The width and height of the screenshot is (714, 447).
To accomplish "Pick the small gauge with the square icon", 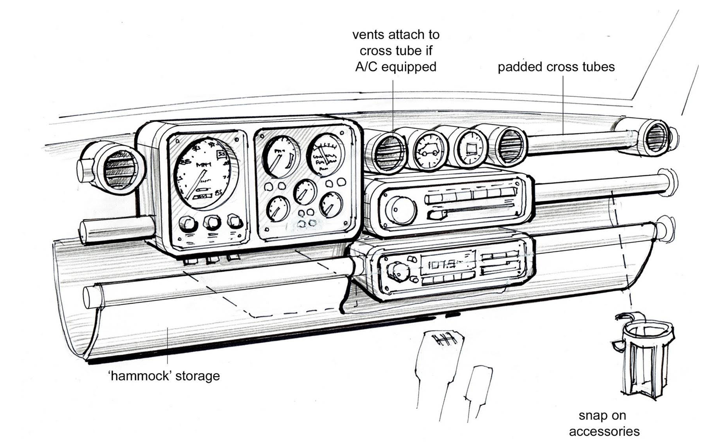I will click(x=470, y=148).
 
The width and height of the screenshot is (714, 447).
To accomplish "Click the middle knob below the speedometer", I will click(x=212, y=222).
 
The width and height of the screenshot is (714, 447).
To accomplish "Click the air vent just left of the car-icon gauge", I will click(x=389, y=151).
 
